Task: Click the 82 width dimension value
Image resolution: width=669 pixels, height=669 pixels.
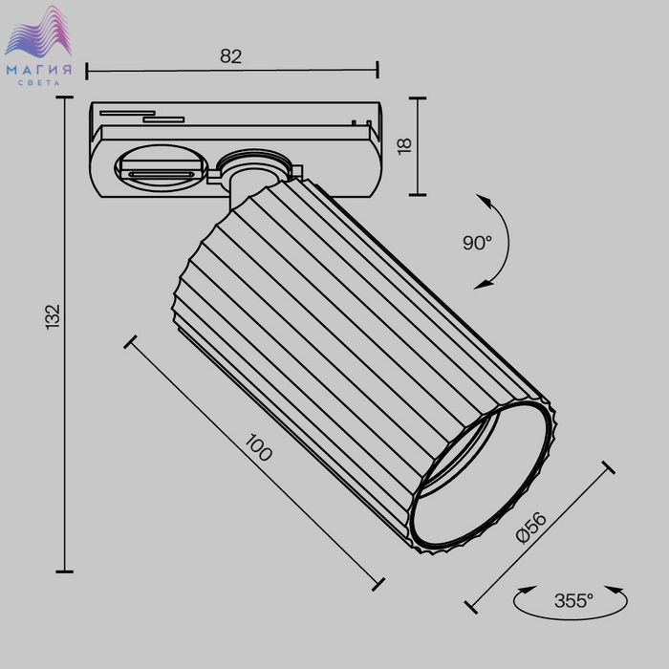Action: (x=231, y=55)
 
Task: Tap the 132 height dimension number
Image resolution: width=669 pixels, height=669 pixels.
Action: (x=53, y=316)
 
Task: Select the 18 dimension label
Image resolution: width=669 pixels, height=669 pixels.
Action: (x=404, y=146)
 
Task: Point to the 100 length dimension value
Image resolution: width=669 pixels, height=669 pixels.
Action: (x=258, y=447)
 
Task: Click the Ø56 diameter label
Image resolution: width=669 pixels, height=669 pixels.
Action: (x=530, y=528)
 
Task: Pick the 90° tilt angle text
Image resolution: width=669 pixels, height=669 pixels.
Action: (x=478, y=243)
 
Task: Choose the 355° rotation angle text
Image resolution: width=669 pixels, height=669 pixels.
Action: (x=573, y=601)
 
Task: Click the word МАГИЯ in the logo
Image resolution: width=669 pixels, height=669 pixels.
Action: (x=39, y=70)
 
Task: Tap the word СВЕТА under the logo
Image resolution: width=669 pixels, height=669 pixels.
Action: (x=39, y=83)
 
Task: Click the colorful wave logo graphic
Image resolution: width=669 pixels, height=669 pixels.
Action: (x=38, y=32)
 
